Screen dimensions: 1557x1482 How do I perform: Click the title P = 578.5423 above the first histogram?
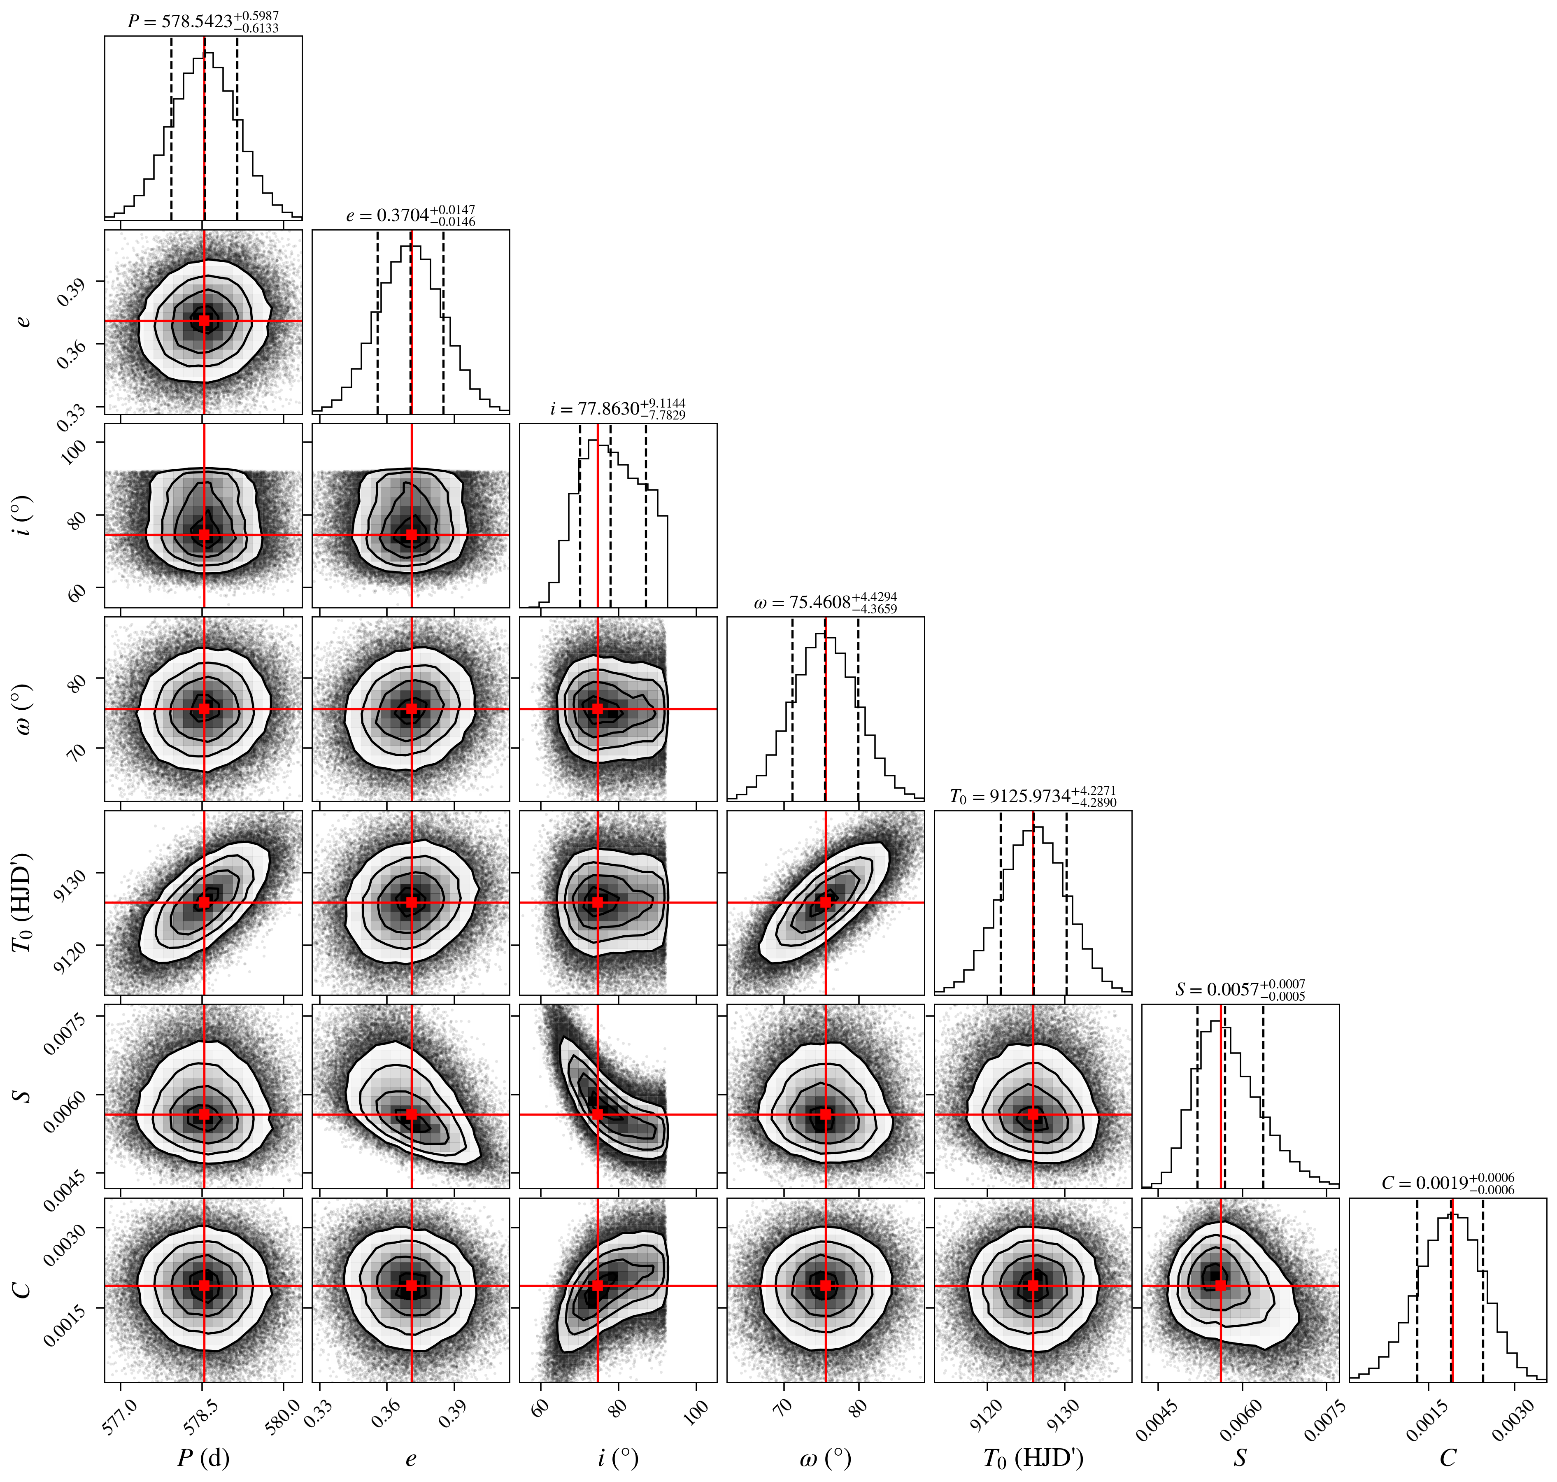tap(203, 21)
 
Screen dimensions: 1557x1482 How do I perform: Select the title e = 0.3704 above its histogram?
tap(411, 215)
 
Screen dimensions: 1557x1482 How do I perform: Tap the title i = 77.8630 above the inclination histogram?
tap(618, 408)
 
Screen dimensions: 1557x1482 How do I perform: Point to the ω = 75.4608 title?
tap(826, 602)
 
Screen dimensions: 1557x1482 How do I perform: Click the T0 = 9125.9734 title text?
tap(1033, 795)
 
